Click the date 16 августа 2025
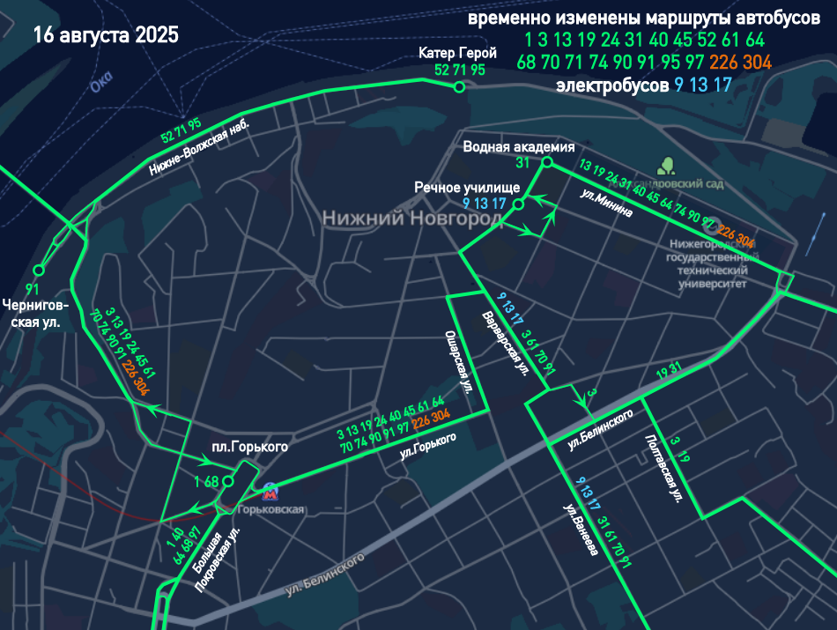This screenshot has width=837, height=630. (x=106, y=36)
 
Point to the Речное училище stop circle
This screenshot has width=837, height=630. (x=519, y=204)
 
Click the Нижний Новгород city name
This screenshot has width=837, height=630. (x=411, y=217)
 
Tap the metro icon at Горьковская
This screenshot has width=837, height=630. (x=269, y=491)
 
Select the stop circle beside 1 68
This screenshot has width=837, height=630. (x=228, y=482)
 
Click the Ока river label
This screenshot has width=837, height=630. (x=101, y=83)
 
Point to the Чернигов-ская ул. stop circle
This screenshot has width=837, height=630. (x=38, y=271)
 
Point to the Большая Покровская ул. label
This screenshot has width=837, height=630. (x=215, y=560)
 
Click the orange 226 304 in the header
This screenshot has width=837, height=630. (x=740, y=63)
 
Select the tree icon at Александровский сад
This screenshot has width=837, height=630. (x=667, y=165)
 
